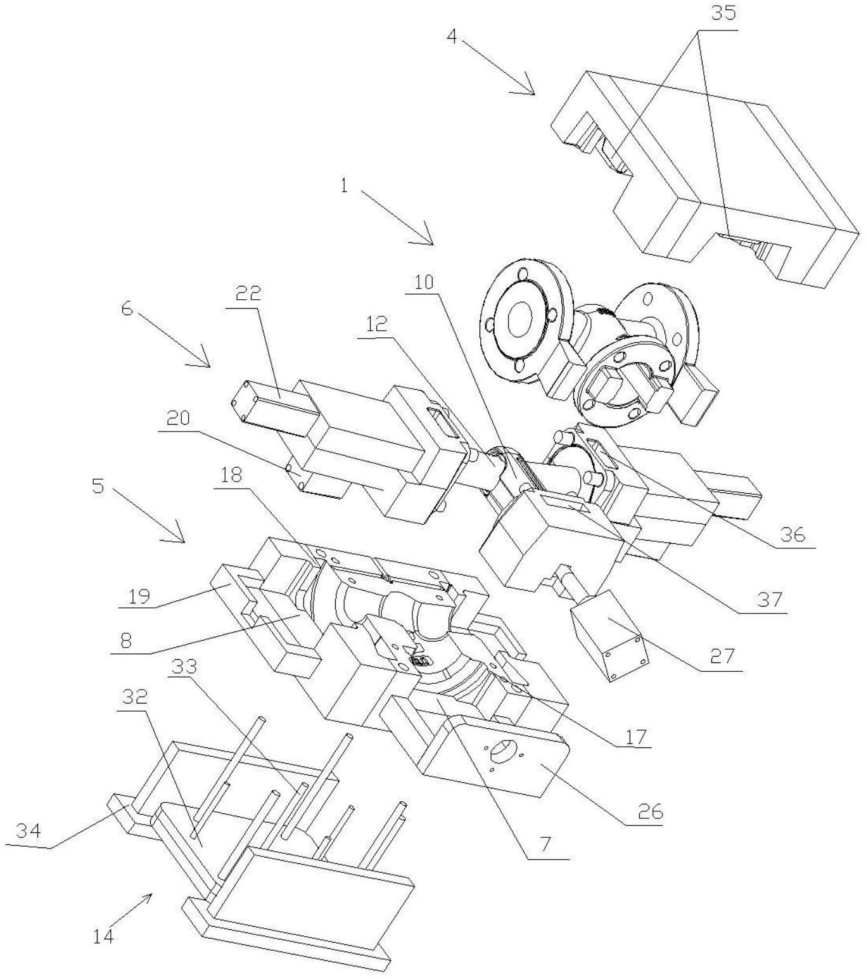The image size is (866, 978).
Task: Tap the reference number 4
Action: [451, 35]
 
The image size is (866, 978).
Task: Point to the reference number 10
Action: [424, 282]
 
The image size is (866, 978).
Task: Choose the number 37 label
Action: [770, 599]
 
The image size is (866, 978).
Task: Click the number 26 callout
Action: [650, 811]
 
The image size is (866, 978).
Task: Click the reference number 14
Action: [103, 936]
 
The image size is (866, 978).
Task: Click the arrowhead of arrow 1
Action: [431, 243]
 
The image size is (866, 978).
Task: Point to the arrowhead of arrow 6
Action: [208, 365]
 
